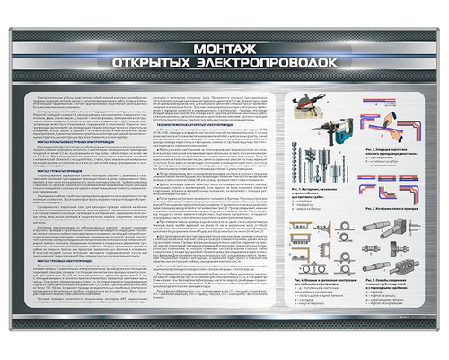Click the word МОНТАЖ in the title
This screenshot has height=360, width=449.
coord(224,48)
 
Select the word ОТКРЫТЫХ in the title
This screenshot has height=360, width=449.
coord(167,63)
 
